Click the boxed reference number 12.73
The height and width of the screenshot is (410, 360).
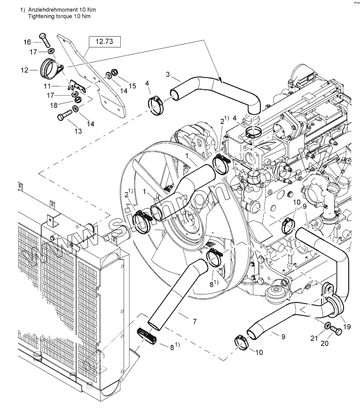tap(105, 41)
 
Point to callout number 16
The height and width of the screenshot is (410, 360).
tap(28, 42)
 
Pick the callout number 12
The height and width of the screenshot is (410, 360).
tap(24, 70)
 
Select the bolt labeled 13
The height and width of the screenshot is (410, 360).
tap(66, 114)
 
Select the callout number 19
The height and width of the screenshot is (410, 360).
tap(347, 326)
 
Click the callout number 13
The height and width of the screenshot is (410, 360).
tap(78, 131)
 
